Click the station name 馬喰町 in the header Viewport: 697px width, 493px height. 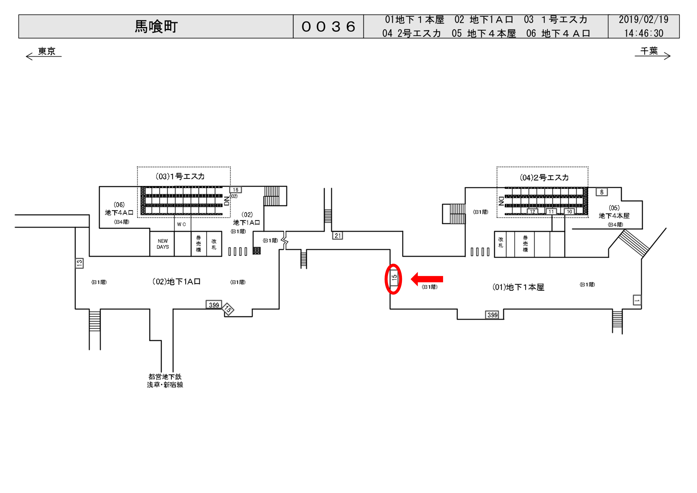tap(156, 27)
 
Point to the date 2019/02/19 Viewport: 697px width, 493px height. tap(644, 20)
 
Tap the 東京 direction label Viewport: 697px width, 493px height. tap(46, 51)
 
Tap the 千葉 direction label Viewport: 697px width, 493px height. tap(649, 51)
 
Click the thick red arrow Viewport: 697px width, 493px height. tap(427, 279)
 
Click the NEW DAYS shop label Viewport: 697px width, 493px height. tap(163, 244)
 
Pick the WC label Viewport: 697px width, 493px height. tap(181, 224)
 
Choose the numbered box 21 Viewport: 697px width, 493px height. tap(337, 236)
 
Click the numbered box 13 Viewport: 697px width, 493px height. tap(79, 263)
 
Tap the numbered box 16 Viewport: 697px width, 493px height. tap(235, 190)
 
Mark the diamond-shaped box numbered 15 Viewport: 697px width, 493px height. tap(228, 309)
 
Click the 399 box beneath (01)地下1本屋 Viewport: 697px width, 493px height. tap(492, 315)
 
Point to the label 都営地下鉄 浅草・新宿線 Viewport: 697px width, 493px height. tap(165, 381)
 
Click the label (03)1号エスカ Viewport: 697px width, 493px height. tap(180, 176)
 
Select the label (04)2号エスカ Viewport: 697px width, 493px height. tap(544, 178)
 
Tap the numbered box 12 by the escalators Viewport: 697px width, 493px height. tap(532, 211)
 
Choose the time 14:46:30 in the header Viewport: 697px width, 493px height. tap(644, 33)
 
